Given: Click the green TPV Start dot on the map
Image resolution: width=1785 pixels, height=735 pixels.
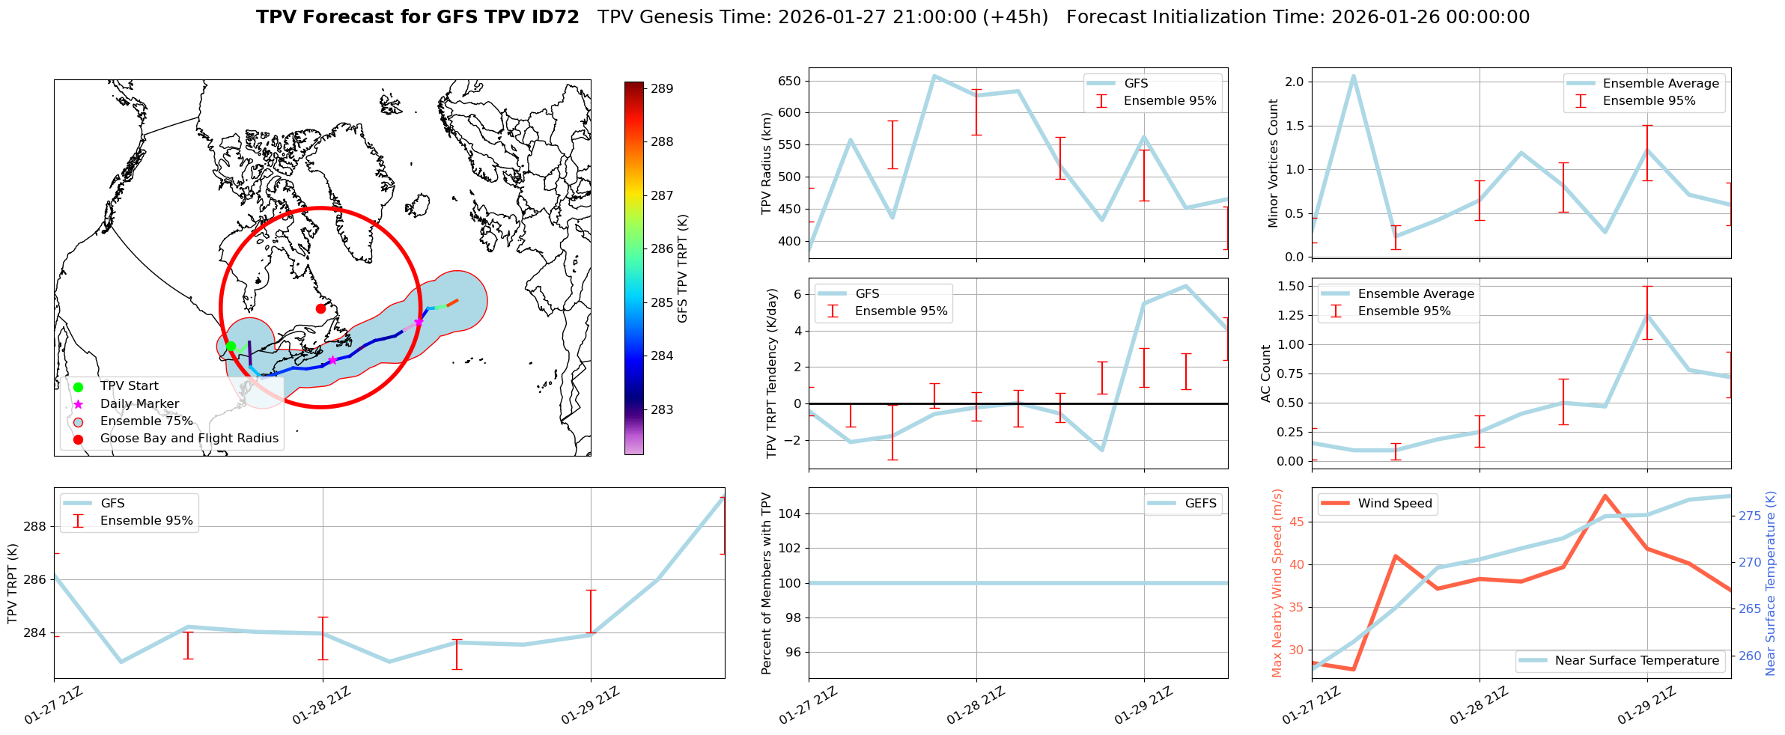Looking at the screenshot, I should coord(231,346).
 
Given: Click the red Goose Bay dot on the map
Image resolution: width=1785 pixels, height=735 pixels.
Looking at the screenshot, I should coord(320,308).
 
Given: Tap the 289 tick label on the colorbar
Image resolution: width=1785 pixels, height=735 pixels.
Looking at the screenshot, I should coord(661,88).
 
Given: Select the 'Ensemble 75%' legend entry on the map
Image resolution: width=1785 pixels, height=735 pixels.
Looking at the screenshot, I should coord(146,421).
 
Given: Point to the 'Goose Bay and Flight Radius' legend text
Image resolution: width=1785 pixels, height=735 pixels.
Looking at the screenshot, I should coord(189,439).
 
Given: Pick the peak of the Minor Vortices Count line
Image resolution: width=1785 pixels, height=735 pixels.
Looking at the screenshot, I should coord(1354,76).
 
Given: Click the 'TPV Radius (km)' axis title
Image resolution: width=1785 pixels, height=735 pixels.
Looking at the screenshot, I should coord(766,163).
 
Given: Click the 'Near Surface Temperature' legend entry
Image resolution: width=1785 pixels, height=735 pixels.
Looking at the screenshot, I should coord(1637,661).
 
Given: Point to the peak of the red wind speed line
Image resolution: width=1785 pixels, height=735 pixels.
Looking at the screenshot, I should coord(1605,495).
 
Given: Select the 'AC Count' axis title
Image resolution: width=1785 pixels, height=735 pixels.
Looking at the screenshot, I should coord(1266,373).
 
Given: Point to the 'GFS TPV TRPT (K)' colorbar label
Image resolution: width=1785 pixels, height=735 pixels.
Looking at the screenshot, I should coord(682,269).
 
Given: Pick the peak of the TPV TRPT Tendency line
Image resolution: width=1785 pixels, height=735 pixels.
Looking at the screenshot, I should coord(1185,285).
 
